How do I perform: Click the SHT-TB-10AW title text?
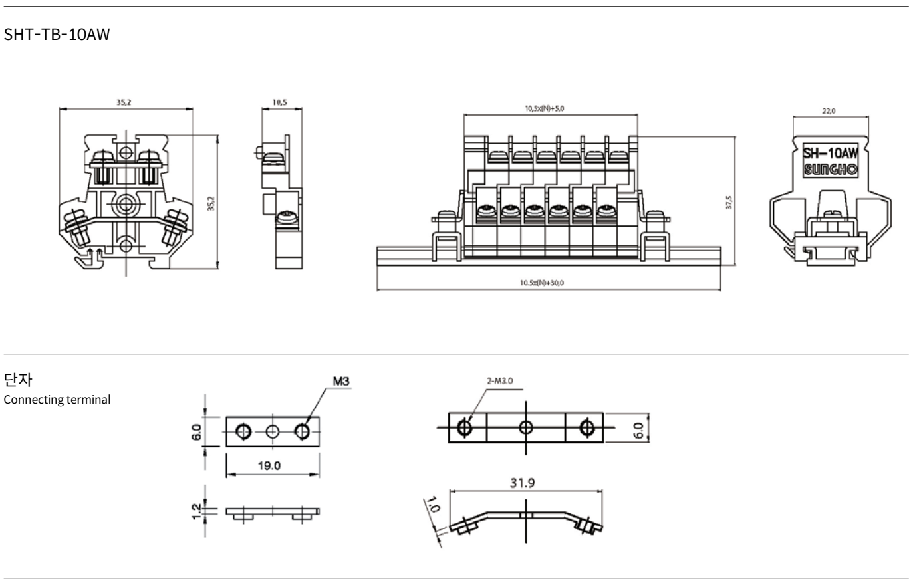pos(57,34)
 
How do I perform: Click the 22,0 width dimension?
pos(829,111)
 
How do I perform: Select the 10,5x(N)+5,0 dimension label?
pos(544,108)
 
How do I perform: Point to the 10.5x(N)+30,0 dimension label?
pos(542,283)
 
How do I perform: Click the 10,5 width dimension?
pos(279,102)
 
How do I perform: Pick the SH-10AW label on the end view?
pos(830,154)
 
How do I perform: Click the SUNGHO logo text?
pos(830,169)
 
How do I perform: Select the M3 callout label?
pos(341,381)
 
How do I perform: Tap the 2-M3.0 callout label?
pos(500,380)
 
